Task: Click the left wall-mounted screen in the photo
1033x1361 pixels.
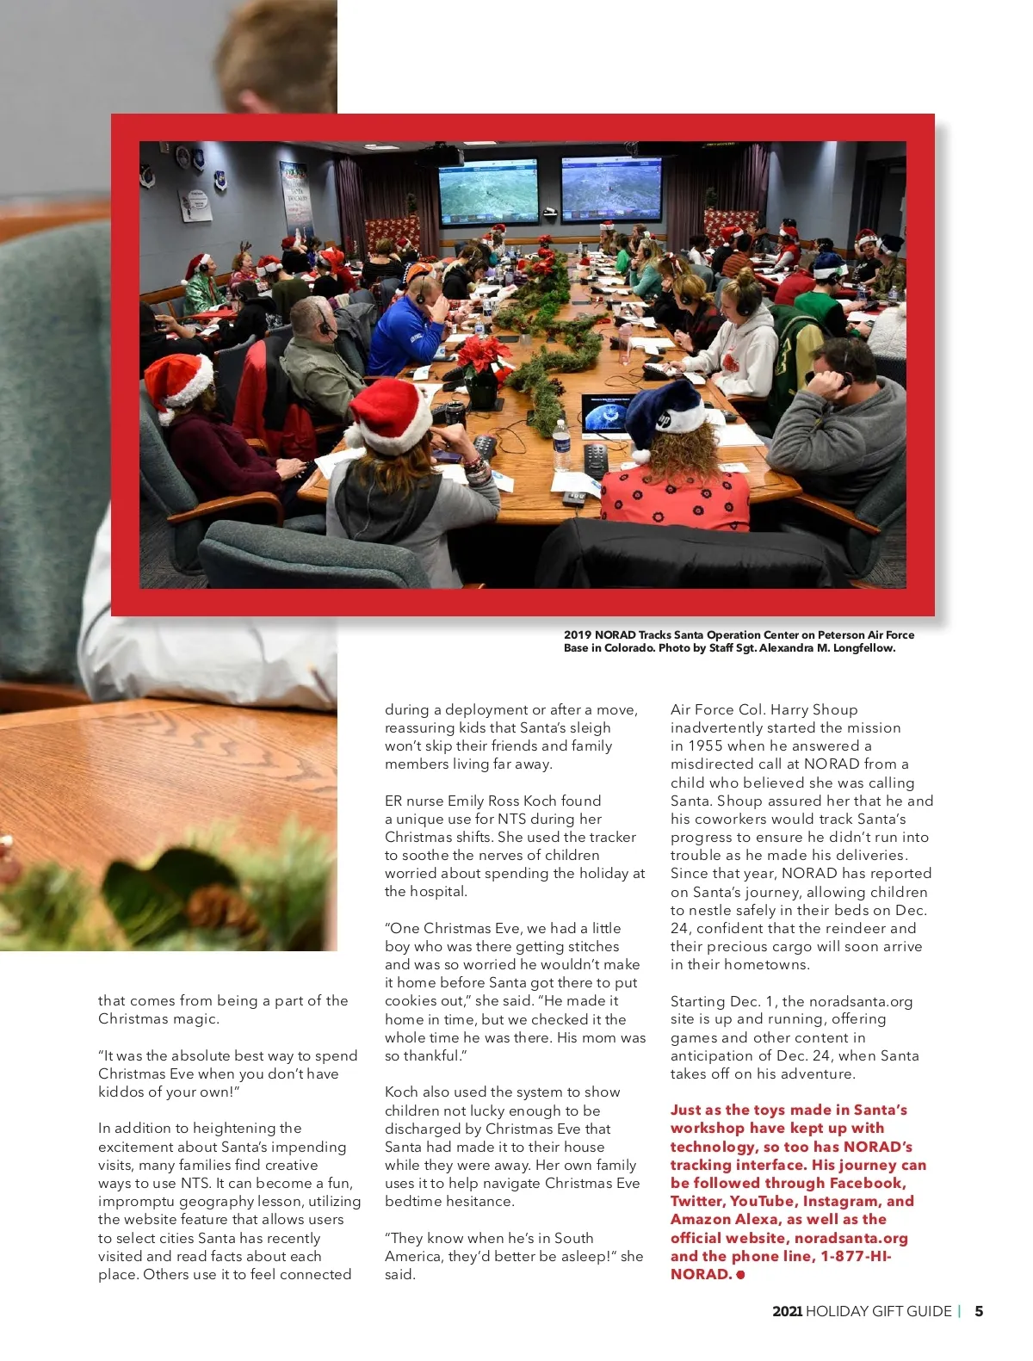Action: (x=489, y=192)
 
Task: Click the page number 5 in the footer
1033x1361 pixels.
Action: (x=979, y=1311)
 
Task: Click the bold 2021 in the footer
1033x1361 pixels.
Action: (x=787, y=1311)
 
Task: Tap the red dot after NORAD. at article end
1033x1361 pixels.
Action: (x=740, y=1275)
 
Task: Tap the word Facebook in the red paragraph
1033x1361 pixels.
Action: (x=867, y=1183)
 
